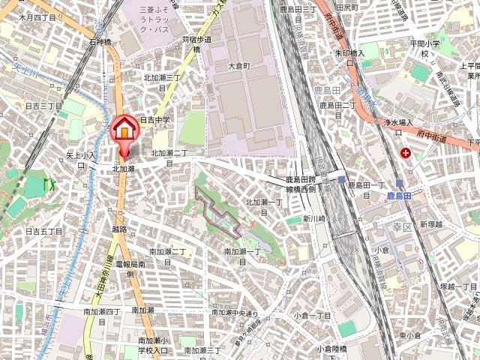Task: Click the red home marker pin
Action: click(124, 129)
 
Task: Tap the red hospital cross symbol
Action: click(406, 153)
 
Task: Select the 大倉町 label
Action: click(242, 66)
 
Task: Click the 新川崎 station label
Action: click(313, 218)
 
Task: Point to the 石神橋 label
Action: click(100, 43)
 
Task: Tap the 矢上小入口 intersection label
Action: click(81, 159)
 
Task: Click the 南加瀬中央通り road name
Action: click(235, 313)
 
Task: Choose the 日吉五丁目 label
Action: click(43, 232)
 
